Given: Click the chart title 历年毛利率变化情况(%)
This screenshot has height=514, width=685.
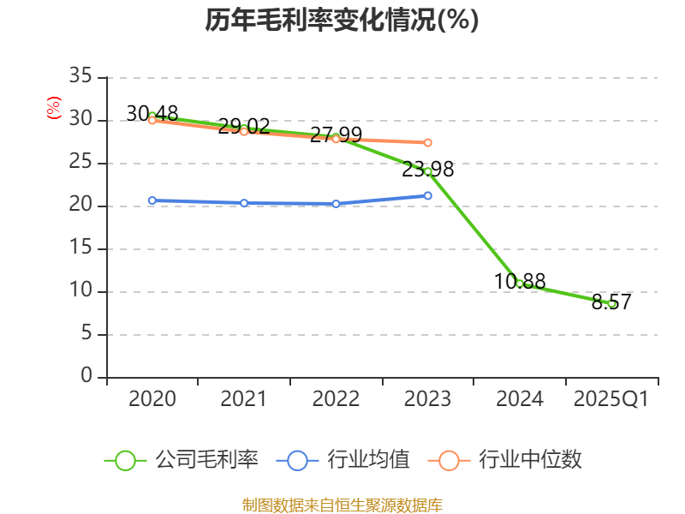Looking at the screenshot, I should click(342, 20).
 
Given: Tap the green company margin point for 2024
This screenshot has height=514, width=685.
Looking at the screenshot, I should click(520, 283).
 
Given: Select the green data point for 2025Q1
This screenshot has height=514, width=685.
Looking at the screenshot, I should click(611, 303).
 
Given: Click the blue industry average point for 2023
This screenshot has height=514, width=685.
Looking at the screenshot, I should click(428, 195).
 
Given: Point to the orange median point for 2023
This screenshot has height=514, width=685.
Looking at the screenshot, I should click(428, 142).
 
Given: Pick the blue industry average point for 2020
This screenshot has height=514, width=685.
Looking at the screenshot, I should click(152, 200).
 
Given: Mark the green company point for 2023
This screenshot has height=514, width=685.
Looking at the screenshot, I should click(428, 171).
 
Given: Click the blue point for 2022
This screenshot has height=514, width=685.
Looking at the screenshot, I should click(336, 204).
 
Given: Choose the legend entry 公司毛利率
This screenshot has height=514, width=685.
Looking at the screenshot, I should click(182, 460).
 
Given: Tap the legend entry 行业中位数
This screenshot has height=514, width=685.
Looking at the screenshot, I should click(510, 460).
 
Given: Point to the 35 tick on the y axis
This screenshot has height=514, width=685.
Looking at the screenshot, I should click(80, 77).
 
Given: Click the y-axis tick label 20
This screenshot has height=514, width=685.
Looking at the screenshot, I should click(80, 206).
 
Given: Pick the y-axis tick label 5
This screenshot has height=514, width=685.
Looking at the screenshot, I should click(86, 334).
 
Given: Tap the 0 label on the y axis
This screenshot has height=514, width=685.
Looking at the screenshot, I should click(86, 377).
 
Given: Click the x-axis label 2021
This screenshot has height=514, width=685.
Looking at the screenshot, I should click(244, 399).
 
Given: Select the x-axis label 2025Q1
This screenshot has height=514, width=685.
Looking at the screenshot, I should click(611, 399).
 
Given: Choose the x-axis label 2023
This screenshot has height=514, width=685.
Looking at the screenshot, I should click(428, 399).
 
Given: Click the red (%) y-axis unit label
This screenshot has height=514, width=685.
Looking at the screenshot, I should click(53, 109).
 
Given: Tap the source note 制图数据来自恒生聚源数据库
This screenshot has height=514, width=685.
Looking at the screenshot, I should click(342, 505).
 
